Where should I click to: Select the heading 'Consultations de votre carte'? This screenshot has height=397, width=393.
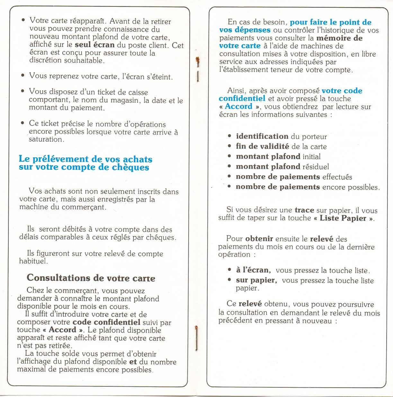(91, 278)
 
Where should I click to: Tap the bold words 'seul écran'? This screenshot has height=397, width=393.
(94, 45)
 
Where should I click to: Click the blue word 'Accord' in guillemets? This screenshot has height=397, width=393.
(239, 107)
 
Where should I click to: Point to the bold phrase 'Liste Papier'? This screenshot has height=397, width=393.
(343, 218)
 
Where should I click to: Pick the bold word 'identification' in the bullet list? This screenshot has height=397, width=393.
(262, 137)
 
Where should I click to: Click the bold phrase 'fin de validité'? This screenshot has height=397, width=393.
(263, 147)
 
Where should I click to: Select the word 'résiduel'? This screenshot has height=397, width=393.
(315, 167)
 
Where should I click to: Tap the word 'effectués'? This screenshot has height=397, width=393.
(337, 177)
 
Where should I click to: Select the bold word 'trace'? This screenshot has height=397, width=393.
(304, 210)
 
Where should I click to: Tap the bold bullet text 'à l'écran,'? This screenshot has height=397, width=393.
(253, 270)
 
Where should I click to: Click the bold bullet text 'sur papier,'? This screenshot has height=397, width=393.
(256, 280)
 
